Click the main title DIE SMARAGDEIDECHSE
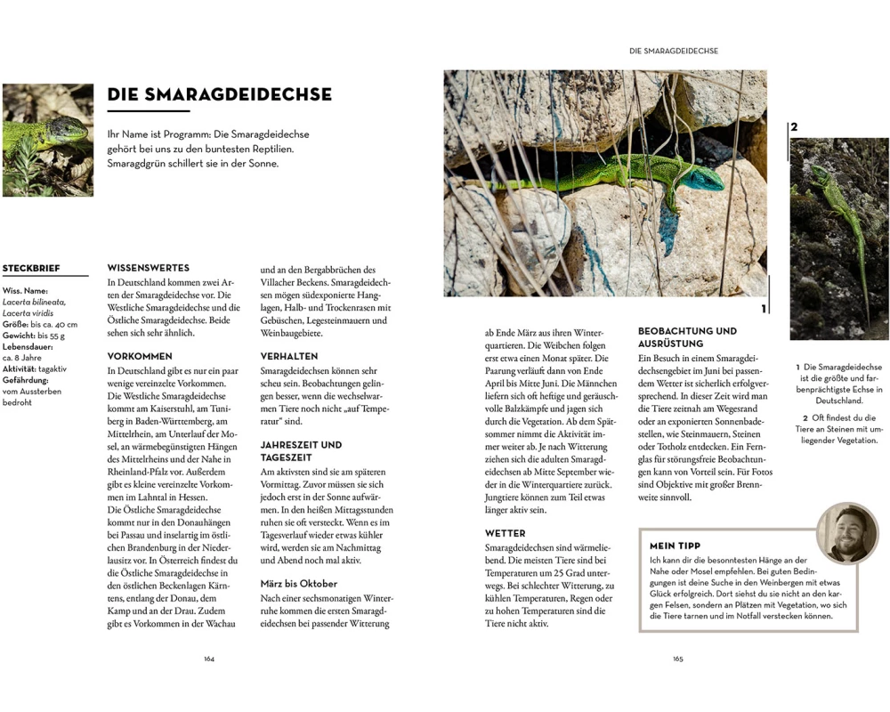(219, 94)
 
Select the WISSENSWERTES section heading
(148, 268)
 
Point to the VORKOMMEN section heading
(140, 356)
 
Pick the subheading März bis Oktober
(298, 584)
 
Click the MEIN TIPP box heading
(675, 546)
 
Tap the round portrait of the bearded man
(846, 533)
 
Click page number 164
(209, 659)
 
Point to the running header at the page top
(673, 52)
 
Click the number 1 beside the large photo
(763, 309)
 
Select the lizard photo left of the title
(47, 140)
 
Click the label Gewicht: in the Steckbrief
(19, 336)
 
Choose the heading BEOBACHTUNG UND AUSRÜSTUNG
(687, 337)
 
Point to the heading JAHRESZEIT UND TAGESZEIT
(301, 450)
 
